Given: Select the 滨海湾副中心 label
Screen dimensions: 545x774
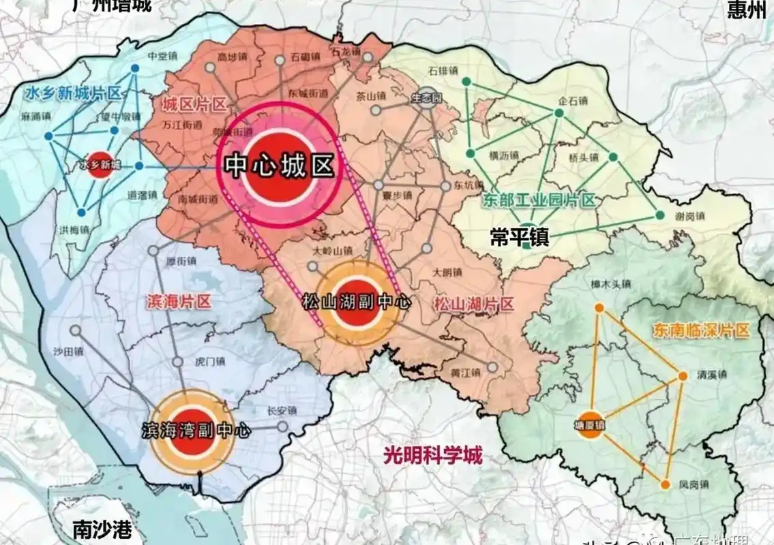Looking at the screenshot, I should pos(196,431).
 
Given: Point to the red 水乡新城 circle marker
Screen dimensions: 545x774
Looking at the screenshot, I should pos(100,164).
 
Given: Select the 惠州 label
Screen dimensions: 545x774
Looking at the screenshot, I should pos(747,12).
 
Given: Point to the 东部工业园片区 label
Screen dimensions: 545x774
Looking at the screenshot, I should pos(539,200).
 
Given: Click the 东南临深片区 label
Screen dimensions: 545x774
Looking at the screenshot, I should pos(700,331).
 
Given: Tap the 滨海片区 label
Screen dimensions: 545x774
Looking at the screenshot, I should pos(179,302).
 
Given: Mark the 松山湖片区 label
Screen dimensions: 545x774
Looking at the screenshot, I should pos(473,304).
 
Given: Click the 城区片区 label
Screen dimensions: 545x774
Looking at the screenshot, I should pos(194,104).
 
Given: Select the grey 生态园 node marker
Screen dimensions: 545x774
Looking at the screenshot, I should pos(427,97).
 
